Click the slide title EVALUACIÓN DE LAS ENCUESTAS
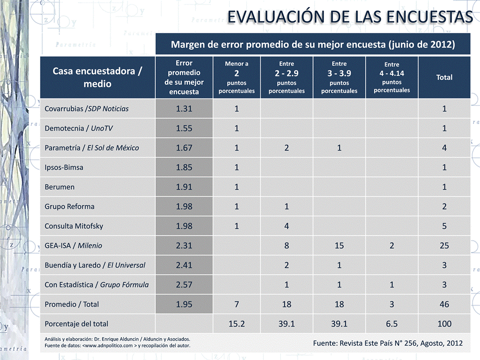(x=350, y=17)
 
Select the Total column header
(x=444, y=77)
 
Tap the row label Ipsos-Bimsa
(x=64, y=167)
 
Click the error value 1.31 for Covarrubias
(x=184, y=109)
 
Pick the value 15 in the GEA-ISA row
(x=339, y=245)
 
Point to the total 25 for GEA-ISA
(x=444, y=245)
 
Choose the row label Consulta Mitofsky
(x=74, y=226)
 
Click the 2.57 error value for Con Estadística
(x=184, y=284)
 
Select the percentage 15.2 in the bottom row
(x=236, y=324)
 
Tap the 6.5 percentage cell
(x=392, y=324)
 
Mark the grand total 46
(x=444, y=304)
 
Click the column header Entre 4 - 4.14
(x=392, y=77)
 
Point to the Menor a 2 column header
(x=236, y=77)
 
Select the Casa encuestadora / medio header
(x=97, y=77)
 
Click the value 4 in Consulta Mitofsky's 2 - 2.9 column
(x=287, y=226)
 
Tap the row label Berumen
(x=58, y=187)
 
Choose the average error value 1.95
(x=184, y=304)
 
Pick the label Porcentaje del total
(x=76, y=324)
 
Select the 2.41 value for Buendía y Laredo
(x=184, y=265)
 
